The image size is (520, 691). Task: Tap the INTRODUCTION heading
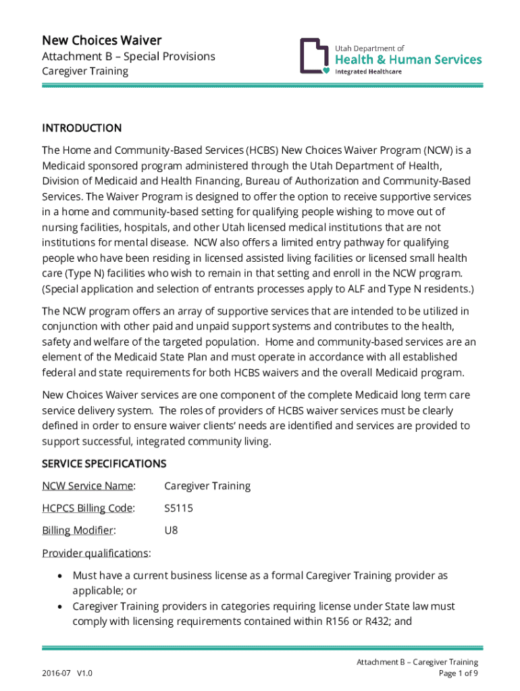point(82,128)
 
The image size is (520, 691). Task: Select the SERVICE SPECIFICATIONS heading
point(104,464)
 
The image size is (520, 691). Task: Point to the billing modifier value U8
point(172,530)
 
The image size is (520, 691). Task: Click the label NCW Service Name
point(88,486)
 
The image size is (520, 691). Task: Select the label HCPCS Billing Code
point(88,508)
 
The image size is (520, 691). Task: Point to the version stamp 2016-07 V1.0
point(67,673)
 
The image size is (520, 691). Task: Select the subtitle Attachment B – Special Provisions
point(128,56)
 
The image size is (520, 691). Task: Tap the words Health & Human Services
point(409,59)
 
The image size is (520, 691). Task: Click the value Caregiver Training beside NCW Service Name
point(207,486)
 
